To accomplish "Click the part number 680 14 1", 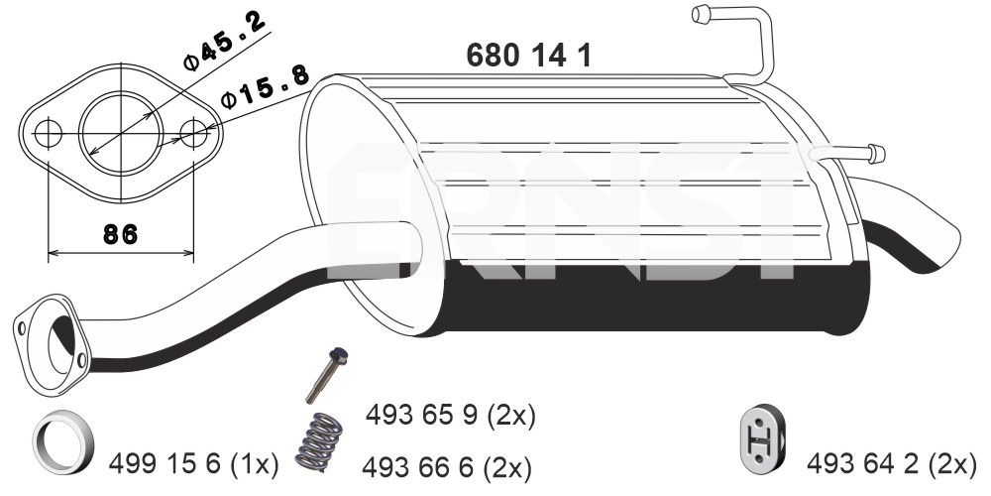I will pos(529,56).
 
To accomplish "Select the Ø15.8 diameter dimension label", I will pos(264,87).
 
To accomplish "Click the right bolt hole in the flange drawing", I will pos(196,132).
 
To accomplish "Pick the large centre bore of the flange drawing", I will pos(120,131).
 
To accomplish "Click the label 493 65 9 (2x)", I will pos(451,414).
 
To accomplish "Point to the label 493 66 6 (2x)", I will pos(447,466).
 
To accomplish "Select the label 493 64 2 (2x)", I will pos(892,461).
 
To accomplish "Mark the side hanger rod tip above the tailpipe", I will pos(874,153).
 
